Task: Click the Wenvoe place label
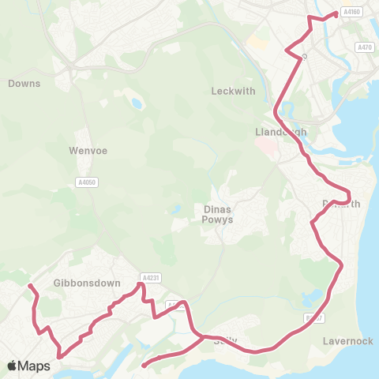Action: (x=88, y=148)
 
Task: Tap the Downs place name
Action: (x=24, y=82)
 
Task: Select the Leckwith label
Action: (x=233, y=91)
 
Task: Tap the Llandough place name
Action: (x=278, y=131)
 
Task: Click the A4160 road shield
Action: (x=351, y=12)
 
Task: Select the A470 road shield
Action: (x=364, y=47)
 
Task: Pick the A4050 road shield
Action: (x=88, y=182)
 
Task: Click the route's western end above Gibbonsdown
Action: (x=29, y=285)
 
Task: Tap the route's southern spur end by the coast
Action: (x=144, y=366)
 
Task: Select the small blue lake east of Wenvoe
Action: (x=138, y=103)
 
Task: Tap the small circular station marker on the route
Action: (x=304, y=56)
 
